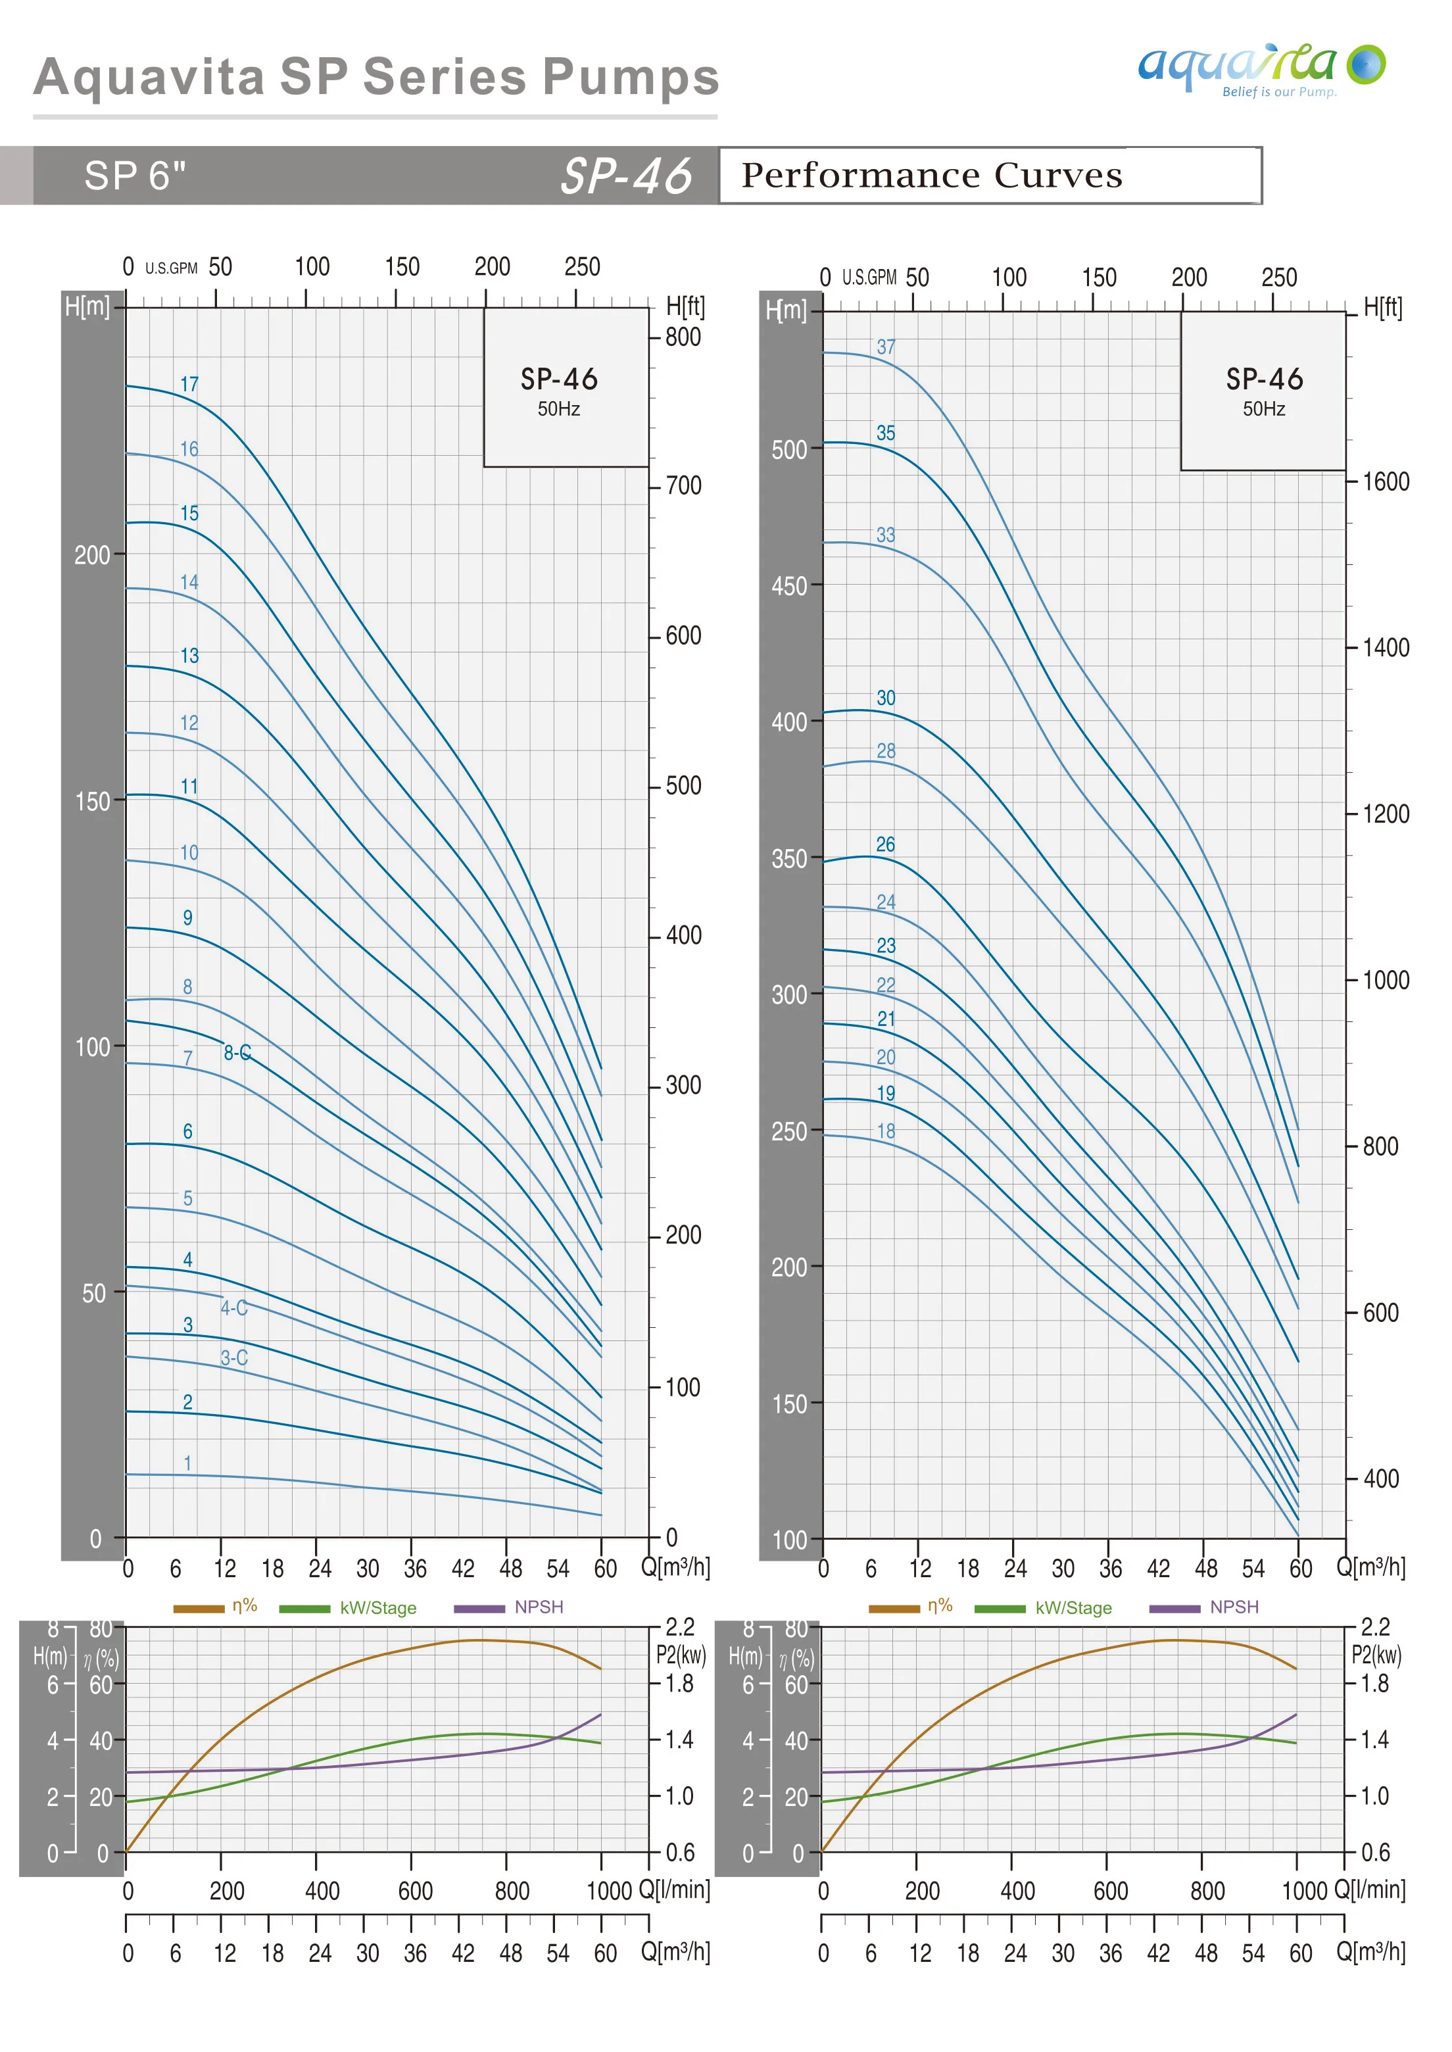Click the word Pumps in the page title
[x=631, y=77]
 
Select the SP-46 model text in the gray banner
[x=626, y=175]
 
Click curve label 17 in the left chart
[x=189, y=385]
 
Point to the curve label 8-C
[x=237, y=1052]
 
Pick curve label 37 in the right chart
[x=885, y=347]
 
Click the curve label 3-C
[x=234, y=1357]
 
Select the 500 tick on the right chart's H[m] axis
[x=790, y=450]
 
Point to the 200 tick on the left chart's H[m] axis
[x=92, y=555]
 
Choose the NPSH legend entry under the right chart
[x=1234, y=1607]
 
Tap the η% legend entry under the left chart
[x=244, y=1606]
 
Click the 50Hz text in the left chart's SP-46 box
[x=559, y=410]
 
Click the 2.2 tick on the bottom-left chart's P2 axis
[x=679, y=1626]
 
